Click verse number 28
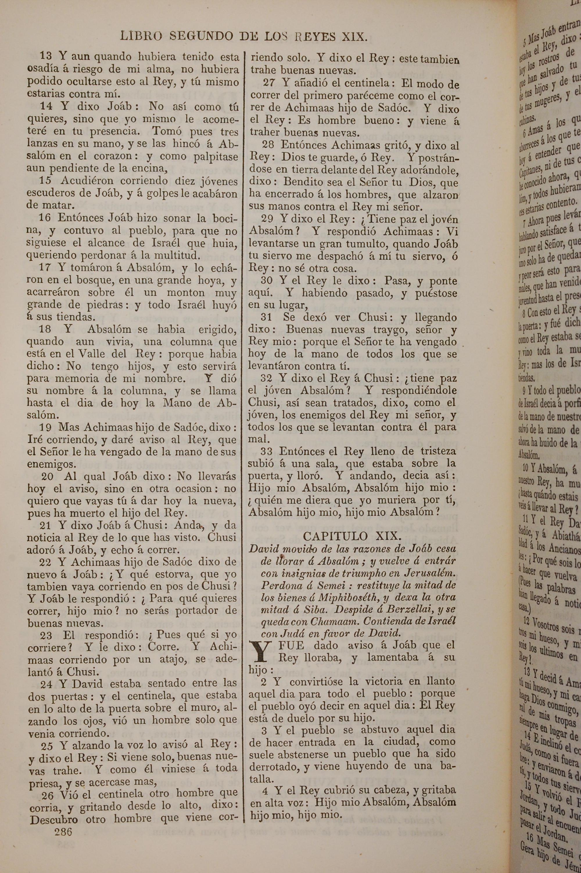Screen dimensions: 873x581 [x=268, y=145]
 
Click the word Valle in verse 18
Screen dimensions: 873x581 [x=90, y=354]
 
